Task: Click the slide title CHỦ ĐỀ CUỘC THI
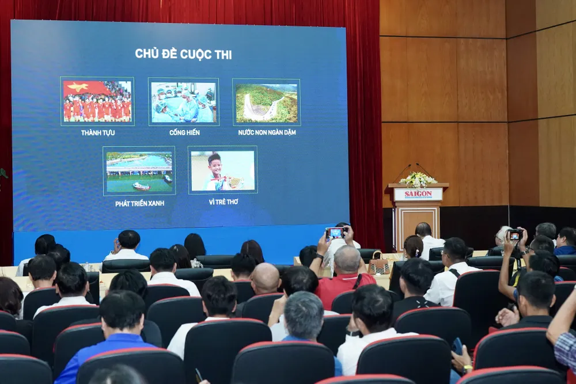183,54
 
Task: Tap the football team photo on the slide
97,101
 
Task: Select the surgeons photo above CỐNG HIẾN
183,102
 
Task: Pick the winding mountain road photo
266,102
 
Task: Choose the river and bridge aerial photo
139,171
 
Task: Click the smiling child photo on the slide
222,170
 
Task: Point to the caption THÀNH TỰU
97,132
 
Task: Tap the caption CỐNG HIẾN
184,132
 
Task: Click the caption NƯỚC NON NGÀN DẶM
267,132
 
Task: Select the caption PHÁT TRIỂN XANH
139,203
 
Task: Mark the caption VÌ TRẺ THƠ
223,202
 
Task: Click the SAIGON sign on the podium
418,195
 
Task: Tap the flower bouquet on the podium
418,180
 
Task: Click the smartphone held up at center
335,233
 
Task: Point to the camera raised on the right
515,234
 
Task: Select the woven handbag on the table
378,264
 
